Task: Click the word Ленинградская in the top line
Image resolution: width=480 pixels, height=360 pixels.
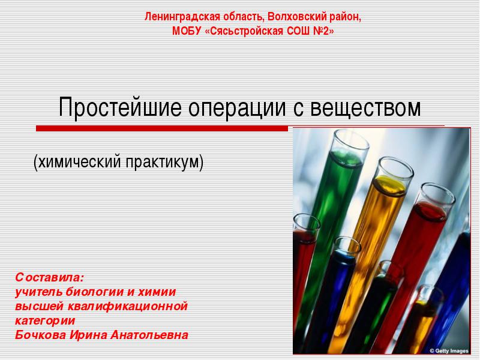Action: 182,17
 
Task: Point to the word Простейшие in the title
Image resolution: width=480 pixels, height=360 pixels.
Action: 121,108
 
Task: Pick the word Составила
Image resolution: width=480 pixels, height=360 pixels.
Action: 49,277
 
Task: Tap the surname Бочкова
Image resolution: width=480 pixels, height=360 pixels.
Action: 40,335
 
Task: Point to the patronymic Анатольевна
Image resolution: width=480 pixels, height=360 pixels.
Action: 149,335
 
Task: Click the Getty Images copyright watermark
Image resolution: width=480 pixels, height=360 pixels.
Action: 449,351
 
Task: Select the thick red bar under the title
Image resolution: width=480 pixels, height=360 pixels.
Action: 162,128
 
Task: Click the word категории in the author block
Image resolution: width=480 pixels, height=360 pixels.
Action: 45,321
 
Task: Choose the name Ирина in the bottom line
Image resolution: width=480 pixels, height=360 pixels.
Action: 88,335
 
